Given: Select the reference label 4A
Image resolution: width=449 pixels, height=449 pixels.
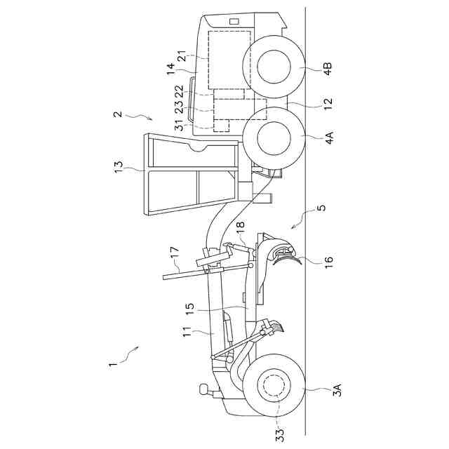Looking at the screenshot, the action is [330, 138].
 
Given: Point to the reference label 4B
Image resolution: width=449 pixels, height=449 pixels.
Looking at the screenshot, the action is [328, 69].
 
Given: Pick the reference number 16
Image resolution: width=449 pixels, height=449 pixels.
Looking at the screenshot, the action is [328, 262].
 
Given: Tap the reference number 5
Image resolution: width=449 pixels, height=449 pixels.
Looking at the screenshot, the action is [322, 208].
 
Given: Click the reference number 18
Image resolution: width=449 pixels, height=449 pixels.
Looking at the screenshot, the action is [241, 228].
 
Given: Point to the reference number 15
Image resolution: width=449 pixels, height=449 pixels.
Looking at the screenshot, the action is [190, 309].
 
